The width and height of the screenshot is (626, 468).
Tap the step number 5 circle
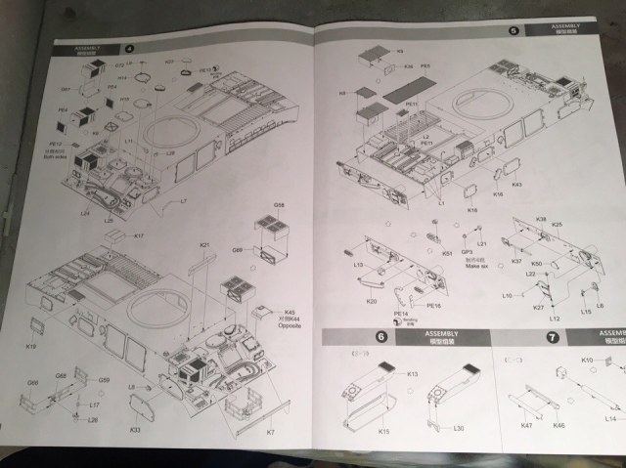(x=514, y=30)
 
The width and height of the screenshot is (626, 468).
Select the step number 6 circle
(x=381, y=338)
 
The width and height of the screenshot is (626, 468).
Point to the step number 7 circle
(x=552, y=338)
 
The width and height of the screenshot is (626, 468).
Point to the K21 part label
(x=205, y=245)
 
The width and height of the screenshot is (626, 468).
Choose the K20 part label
(x=372, y=301)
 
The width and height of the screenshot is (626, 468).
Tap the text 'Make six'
(x=477, y=266)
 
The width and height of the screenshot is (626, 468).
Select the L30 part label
(x=459, y=428)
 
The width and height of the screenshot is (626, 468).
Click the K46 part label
(x=559, y=426)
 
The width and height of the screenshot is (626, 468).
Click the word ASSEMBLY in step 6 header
(x=441, y=334)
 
